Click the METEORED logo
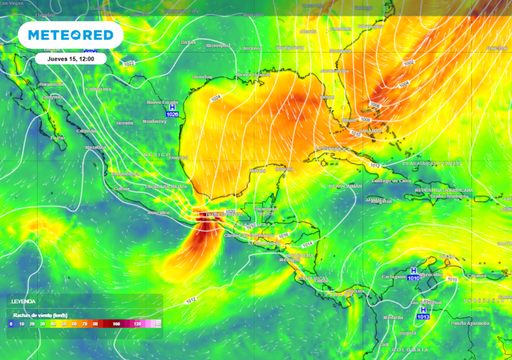[70, 35]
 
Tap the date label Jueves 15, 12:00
[70, 58]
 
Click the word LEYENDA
[24, 300]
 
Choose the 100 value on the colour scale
[117, 324]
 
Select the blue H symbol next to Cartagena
[413, 271]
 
